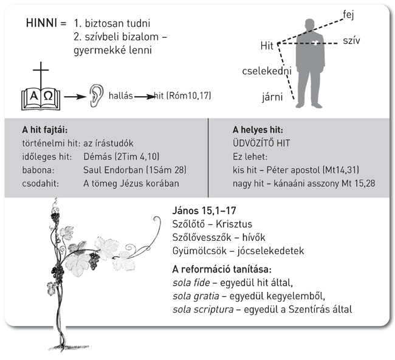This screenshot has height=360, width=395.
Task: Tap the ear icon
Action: [x=96, y=95]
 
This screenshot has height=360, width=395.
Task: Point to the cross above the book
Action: [x=41, y=73]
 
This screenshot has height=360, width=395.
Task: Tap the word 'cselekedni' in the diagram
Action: [x=266, y=71]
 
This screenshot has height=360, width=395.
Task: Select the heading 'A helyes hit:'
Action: [x=258, y=130]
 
